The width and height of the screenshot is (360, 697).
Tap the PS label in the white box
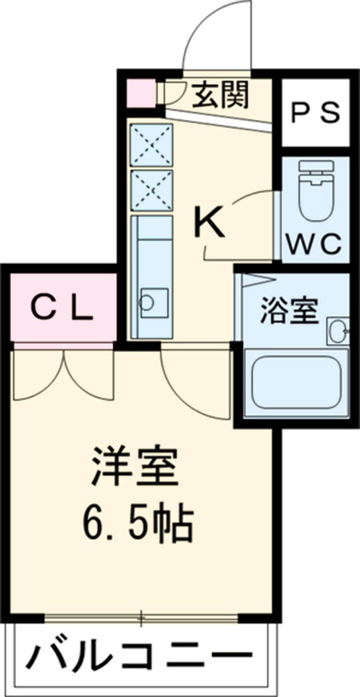click(316, 113)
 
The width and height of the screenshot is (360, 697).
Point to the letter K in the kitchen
click(209, 223)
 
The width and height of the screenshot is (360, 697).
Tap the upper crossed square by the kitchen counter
click(151, 145)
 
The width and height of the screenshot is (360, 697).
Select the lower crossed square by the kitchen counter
click(151, 189)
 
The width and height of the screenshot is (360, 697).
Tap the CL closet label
click(62, 309)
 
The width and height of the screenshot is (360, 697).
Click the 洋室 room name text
click(134, 467)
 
